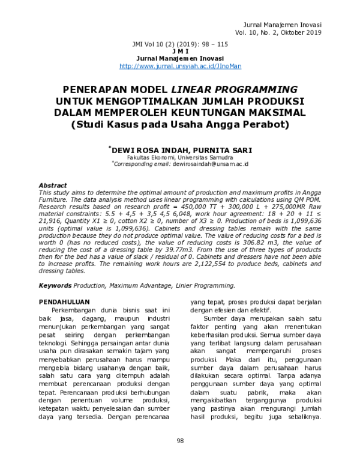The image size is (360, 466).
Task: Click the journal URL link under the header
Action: pyautogui.click(x=180, y=66)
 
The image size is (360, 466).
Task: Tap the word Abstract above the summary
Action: pyautogui.click(x=53, y=186)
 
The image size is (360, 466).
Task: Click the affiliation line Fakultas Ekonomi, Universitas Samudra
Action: pyautogui.click(x=180, y=157)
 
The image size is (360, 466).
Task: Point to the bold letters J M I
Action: pyautogui.click(x=180, y=52)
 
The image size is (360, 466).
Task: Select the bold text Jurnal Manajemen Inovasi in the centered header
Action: pyautogui.click(x=180, y=59)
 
